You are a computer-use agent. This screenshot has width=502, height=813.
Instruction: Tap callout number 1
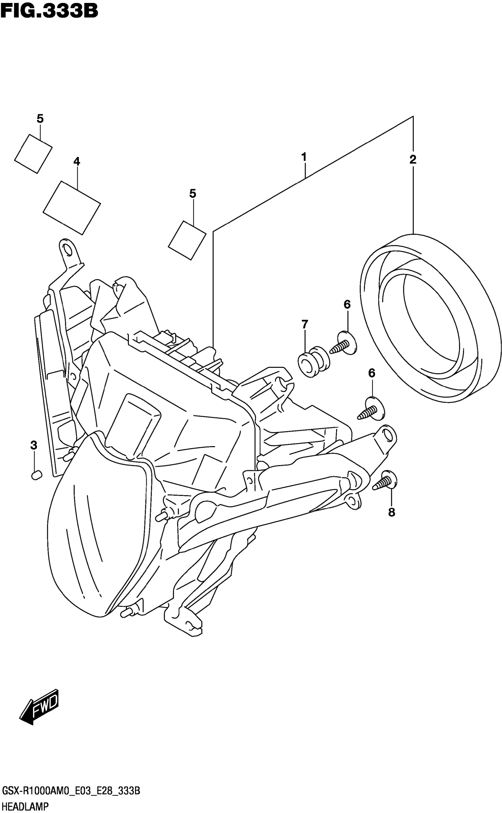coord(304,157)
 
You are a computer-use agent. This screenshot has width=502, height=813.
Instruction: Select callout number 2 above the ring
coord(413,160)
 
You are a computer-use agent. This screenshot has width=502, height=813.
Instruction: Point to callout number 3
coord(34,445)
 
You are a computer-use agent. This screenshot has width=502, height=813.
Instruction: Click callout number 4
coord(77,161)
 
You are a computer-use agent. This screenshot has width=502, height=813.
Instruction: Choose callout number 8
coord(392,512)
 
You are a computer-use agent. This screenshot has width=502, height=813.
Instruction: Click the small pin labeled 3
coord(36,475)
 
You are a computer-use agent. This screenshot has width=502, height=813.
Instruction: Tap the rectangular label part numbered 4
coord(72,208)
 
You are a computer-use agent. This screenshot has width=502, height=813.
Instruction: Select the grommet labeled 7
coord(313,361)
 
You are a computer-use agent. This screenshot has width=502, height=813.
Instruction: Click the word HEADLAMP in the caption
coord(25,806)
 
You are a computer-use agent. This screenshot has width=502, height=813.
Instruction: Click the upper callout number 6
coord(347,304)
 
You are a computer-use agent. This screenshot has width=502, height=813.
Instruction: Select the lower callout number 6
coord(371,373)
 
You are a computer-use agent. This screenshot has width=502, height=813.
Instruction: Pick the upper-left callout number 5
coord(40,118)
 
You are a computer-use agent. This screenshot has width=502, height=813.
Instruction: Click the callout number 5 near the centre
coord(193,193)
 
